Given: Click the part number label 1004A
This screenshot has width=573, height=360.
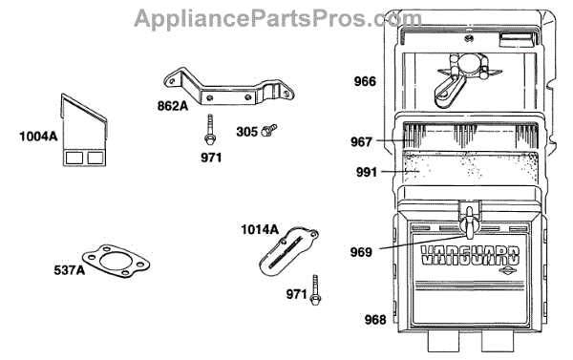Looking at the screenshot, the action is pyautogui.click(x=38, y=137).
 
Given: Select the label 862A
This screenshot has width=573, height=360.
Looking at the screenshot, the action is pyautogui.click(x=173, y=106).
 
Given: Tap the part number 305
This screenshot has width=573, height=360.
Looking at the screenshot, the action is pyautogui.click(x=247, y=132).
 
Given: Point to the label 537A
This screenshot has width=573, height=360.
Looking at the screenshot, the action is pyautogui.click(x=70, y=270).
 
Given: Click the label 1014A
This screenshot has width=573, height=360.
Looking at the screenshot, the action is pyautogui.click(x=260, y=229).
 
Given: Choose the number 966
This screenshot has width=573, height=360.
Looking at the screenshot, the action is pyautogui.click(x=365, y=81).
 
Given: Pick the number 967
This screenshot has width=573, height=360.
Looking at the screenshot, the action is pyautogui.click(x=361, y=142).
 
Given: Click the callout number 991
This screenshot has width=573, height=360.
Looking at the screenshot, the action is pyautogui.click(x=367, y=172).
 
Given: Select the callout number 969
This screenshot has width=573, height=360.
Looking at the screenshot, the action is pyautogui.click(x=361, y=252).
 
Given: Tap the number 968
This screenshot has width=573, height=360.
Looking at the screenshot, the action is pyautogui.click(x=375, y=320).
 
